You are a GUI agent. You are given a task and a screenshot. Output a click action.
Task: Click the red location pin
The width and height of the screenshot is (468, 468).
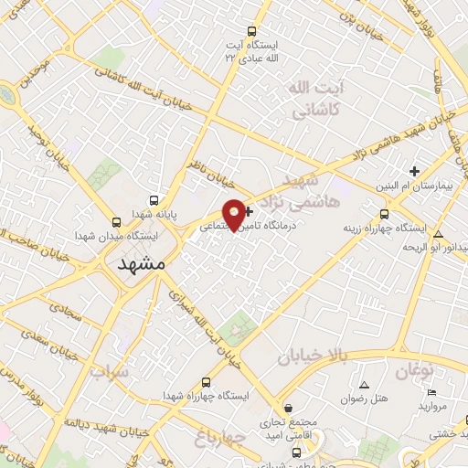(235, 214)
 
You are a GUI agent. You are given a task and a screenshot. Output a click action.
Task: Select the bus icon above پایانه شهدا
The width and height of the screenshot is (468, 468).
(154, 200)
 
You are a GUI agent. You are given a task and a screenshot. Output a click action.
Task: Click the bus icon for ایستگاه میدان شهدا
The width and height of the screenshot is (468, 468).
(116, 222)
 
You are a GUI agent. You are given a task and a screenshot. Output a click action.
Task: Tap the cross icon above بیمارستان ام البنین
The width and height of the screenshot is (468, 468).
(414, 171)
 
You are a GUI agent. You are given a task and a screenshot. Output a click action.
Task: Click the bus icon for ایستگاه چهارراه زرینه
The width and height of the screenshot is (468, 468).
(384, 214)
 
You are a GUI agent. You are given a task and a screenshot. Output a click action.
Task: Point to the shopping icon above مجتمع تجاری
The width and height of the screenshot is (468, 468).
(289, 408)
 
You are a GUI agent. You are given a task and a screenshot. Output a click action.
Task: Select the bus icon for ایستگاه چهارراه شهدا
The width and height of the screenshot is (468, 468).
(206, 382)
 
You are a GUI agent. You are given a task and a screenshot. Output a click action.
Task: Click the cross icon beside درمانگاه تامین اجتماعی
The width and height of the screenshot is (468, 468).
(250, 211)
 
